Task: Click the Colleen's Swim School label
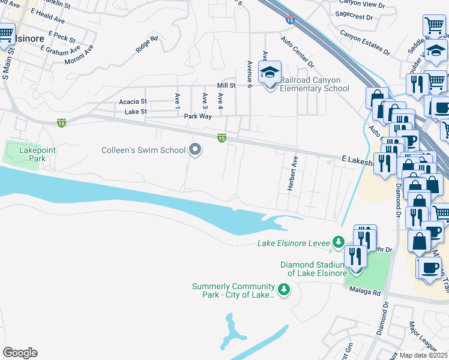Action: pos(143,150)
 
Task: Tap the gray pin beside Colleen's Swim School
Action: pos(195,149)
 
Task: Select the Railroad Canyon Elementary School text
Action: pos(316,85)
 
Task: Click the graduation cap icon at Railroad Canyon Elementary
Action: pos(270,73)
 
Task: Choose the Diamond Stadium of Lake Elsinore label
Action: pos(312,269)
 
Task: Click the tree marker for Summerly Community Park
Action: pos(284,290)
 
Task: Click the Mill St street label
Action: pos(226,86)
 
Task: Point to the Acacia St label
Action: pos(133,102)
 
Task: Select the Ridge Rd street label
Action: pos(146,46)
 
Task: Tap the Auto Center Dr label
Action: pos(297,52)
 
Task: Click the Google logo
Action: pos(20,353)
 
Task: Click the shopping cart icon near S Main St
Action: pos(5,34)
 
